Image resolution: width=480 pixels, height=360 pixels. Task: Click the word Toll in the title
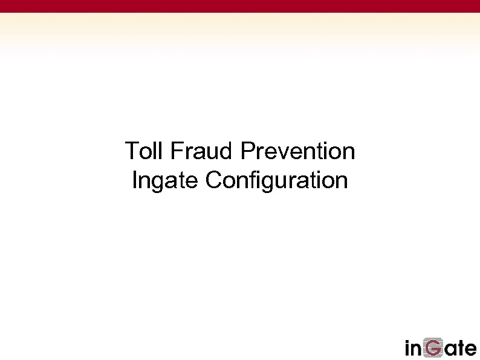coord(145,151)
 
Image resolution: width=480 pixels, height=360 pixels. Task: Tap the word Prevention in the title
coord(297,151)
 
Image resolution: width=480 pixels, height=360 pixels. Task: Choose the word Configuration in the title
coord(276,180)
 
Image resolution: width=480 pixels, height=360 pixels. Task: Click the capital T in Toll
coord(131,151)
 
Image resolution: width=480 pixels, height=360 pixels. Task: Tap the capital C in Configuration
coord(213,180)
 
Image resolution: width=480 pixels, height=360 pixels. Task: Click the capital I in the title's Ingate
coord(134,180)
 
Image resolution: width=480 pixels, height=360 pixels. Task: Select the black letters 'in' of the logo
coord(415,348)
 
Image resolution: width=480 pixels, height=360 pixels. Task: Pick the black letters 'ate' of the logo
coord(462,349)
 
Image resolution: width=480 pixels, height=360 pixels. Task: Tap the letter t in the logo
coord(462,348)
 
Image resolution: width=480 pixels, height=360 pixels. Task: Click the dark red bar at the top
coord(240,6)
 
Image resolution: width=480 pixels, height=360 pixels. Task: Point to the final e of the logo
coord(472,350)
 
